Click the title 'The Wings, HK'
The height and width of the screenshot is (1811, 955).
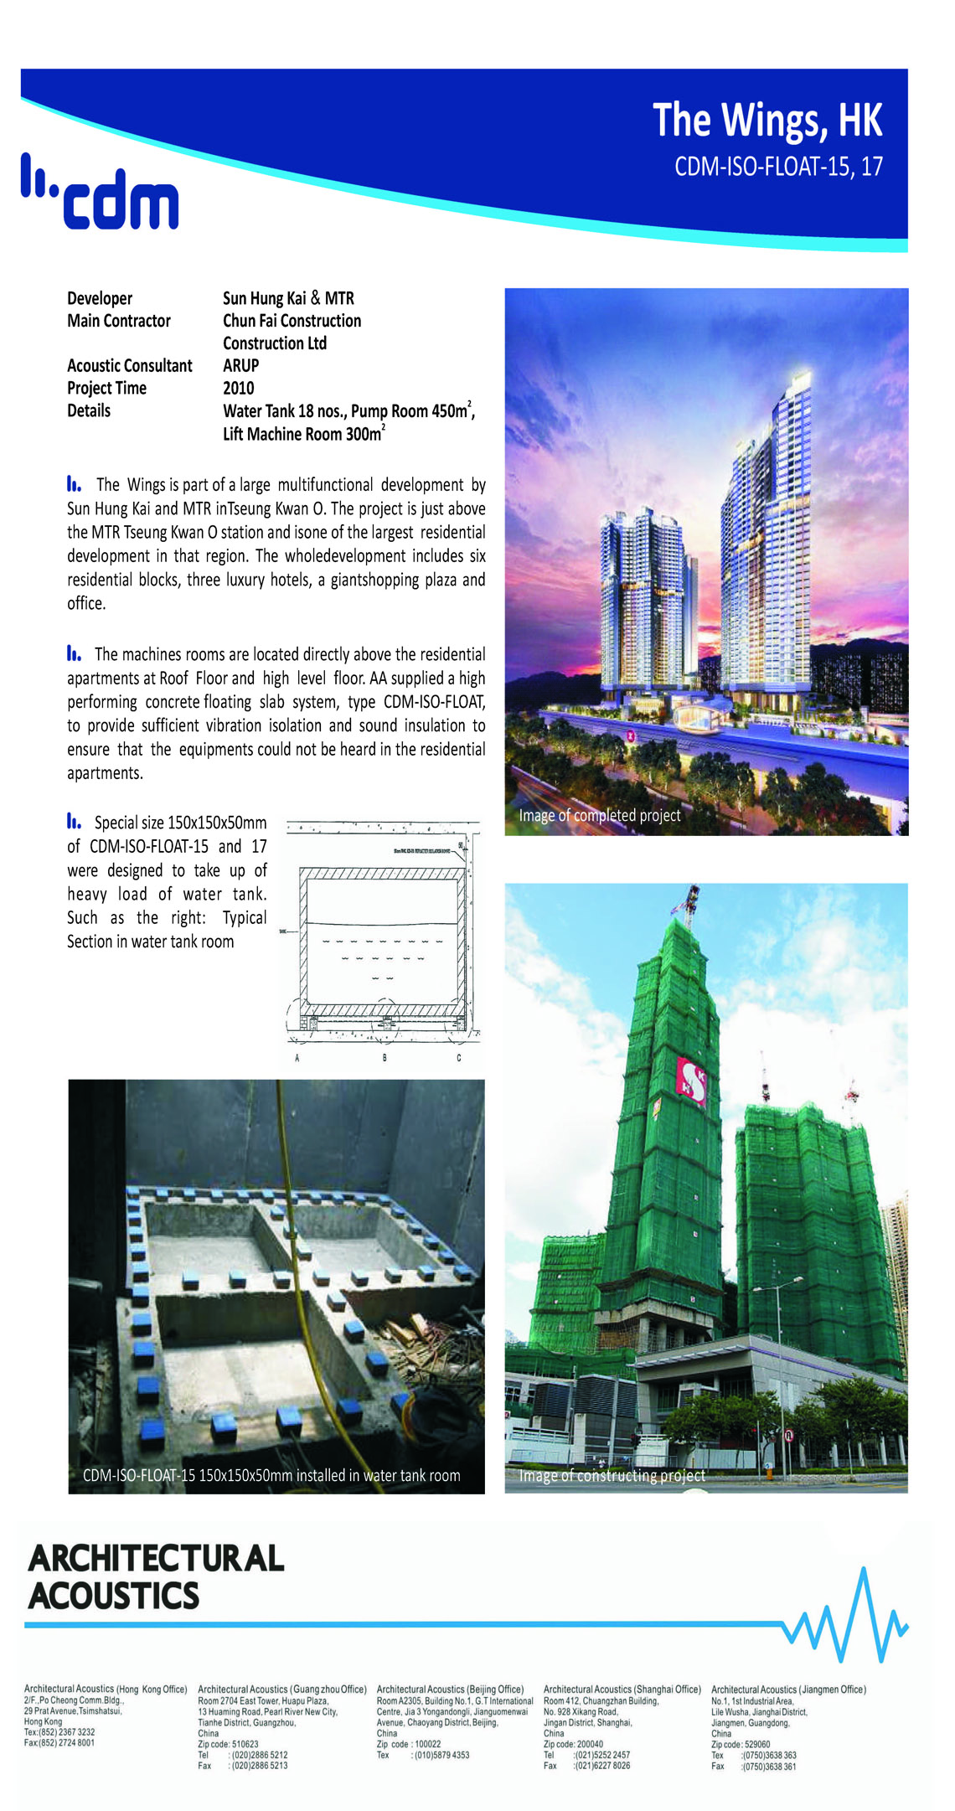767,120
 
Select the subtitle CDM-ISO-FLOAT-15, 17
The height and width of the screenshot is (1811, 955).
778,166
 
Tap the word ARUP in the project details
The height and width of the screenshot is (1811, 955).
240,365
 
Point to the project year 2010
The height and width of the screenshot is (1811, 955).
238,388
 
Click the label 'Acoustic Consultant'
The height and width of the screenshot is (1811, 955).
129,365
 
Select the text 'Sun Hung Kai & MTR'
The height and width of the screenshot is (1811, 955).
288,298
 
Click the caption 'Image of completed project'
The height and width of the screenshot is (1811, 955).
599,815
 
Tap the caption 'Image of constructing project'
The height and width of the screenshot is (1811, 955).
612,1475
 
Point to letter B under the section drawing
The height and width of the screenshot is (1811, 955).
385,1058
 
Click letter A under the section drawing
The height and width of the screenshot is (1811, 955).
297,1058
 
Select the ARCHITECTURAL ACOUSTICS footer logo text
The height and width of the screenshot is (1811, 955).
156,1576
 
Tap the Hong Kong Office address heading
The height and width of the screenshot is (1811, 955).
106,1689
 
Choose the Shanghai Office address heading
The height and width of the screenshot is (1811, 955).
622,1689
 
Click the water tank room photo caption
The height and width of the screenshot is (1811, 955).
271,1475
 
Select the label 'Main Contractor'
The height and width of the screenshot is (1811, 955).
119,321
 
